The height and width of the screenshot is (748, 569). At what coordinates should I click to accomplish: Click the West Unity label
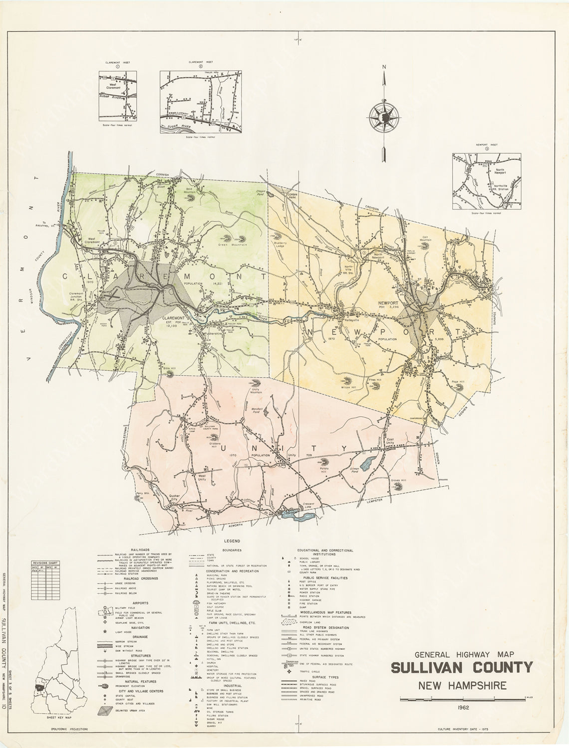point(202,478)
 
